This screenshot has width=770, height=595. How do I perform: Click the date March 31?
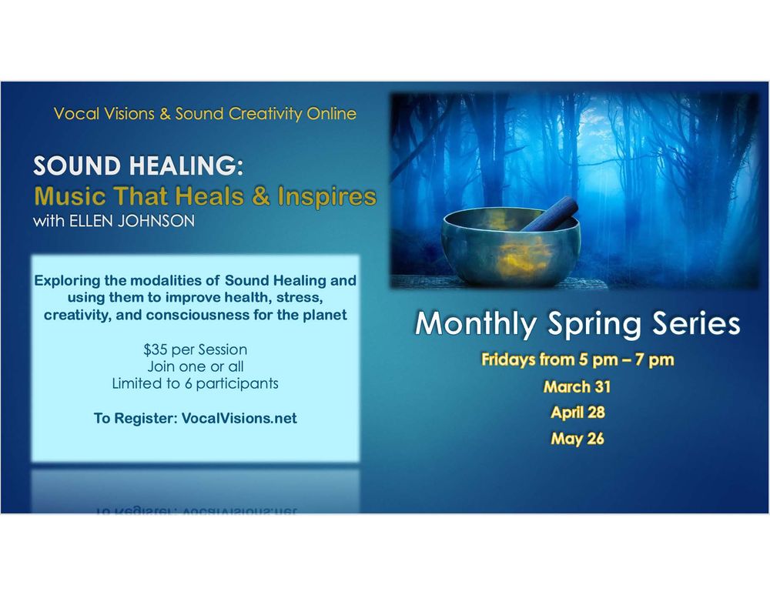[x=577, y=387]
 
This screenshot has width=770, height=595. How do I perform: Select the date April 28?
[x=577, y=413]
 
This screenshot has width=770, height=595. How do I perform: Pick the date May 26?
[x=577, y=439]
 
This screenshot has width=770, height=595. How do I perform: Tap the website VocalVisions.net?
[x=239, y=418]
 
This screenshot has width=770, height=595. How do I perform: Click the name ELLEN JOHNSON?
[x=132, y=221]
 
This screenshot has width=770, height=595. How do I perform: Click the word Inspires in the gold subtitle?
[x=327, y=196]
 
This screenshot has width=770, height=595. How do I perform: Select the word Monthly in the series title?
[x=476, y=324]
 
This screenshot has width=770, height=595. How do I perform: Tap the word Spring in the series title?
[x=594, y=325]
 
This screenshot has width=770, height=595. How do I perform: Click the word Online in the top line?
[x=331, y=113]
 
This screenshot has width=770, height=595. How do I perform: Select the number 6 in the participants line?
[x=189, y=383]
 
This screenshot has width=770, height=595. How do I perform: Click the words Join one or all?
[x=196, y=366]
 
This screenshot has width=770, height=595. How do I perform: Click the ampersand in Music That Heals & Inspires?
[x=261, y=196]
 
